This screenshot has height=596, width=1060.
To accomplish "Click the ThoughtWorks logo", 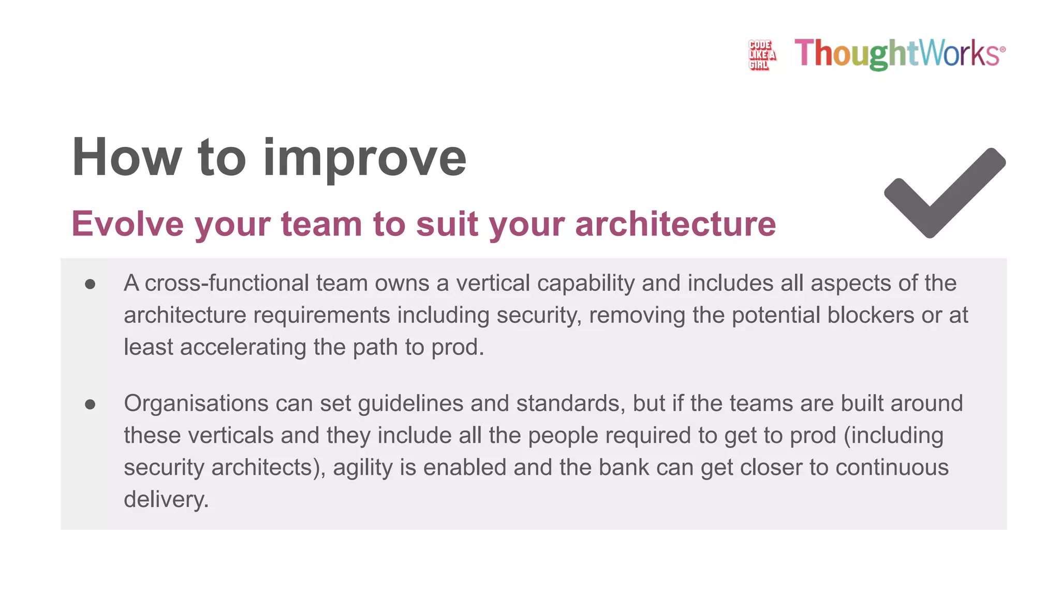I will (900, 53).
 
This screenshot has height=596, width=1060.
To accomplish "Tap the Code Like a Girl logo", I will (761, 54).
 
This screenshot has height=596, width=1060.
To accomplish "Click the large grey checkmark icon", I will (945, 193).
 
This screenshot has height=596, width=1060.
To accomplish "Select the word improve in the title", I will (365, 158).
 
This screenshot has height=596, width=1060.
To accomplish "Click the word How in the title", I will (127, 158).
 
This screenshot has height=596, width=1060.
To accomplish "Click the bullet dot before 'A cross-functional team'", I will (90, 284).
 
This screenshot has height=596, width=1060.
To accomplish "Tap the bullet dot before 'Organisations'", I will (90, 404).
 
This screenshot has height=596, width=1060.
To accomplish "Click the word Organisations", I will (196, 404).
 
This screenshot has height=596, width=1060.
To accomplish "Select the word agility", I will (363, 468).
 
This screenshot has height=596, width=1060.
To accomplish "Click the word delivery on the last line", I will (166, 500).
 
